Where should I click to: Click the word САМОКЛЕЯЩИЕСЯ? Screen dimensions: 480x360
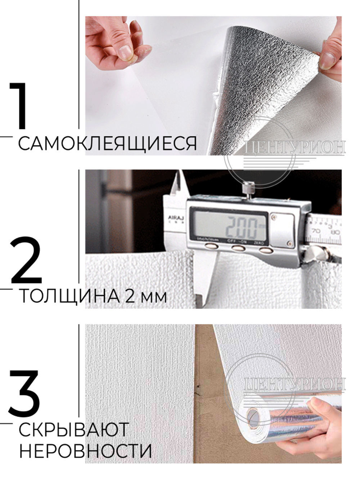(107, 144)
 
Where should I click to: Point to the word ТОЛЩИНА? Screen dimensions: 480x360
(69, 297)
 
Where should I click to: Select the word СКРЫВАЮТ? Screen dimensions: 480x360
(73, 430)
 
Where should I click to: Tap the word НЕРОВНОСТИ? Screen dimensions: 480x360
(85, 451)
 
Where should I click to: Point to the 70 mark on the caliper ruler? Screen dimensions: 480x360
(316, 230)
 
